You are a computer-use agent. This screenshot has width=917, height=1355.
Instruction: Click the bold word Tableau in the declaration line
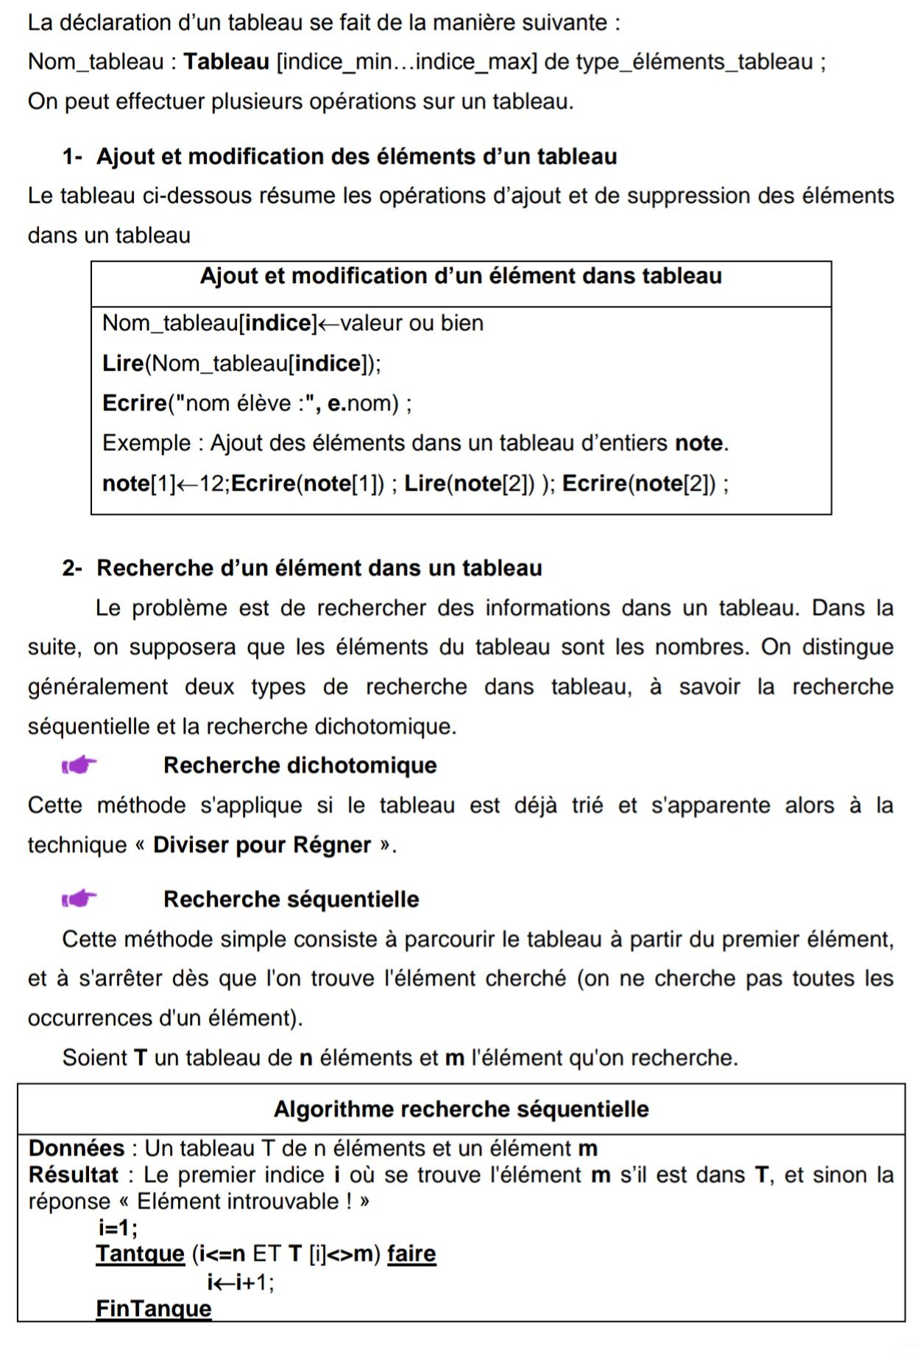pos(226,62)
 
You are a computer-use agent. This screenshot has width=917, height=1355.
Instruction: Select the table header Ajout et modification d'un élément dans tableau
pos(461,276)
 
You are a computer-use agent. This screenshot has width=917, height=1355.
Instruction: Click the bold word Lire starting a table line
pos(122,363)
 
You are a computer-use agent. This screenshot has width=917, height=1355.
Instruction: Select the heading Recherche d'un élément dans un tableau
pos(319,568)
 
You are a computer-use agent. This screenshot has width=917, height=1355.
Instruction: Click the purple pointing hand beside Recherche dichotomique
pos(79,765)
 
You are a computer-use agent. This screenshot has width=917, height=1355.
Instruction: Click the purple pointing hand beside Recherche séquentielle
pos(79,898)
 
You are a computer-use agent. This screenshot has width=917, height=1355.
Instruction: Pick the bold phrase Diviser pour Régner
pos(261,845)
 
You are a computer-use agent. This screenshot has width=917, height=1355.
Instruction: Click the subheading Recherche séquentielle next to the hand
pos(291,899)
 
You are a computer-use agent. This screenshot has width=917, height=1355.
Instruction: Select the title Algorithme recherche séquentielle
pos(461,1109)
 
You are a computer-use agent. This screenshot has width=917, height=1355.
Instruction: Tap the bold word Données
pos(77,1148)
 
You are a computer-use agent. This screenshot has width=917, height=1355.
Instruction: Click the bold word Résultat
pos(73,1175)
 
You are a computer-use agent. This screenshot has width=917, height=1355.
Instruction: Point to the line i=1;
pos(118,1228)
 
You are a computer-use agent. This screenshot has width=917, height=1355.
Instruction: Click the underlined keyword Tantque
pos(140,1253)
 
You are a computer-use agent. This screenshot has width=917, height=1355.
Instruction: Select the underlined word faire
pos(411,1253)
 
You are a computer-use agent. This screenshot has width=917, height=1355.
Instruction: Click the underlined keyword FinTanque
pos(153,1309)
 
